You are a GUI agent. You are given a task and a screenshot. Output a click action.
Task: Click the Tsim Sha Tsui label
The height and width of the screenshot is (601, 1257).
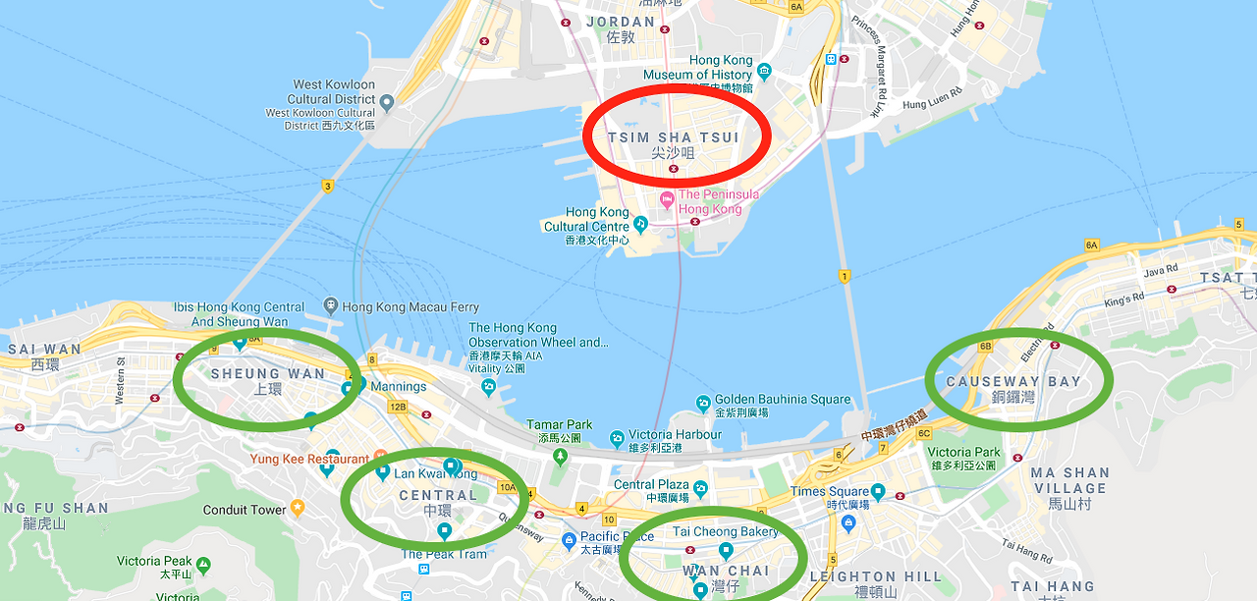pyautogui.click(x=674, y=137)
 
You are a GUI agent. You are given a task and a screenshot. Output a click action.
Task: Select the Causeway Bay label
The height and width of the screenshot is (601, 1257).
pyautogui.click(x=1013, y=381)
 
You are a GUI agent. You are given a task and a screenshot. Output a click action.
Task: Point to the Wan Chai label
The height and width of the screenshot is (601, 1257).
pyautogui.click(x=727, y=571)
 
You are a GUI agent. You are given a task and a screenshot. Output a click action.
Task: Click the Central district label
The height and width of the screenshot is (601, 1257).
pyautogui.click(x=438, y=496)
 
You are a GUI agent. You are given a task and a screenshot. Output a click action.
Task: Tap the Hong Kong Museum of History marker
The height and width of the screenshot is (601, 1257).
pyautogui.click(x=765, y=70)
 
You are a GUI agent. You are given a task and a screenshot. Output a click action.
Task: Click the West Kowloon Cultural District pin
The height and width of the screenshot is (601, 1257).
pyautogui.click(x=387, y=101)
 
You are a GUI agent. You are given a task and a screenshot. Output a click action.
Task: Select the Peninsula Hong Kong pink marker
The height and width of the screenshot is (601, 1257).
pyautogui.click(x=667, y=200)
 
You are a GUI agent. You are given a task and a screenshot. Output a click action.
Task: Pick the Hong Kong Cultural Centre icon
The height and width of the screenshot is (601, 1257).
pyautogui.click(x=640, y=224)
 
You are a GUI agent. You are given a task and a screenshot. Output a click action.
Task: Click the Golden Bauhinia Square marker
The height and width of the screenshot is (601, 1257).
pyautogui.click(x=703, y=403)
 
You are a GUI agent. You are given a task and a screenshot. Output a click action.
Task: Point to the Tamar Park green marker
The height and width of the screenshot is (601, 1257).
pyautogui.click(x=560, y=456)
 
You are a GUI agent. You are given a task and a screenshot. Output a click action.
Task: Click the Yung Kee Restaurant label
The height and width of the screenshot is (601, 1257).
pyautogui.click(x=309, y=459)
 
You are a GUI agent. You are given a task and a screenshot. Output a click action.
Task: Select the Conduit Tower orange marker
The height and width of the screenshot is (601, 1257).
pyautogui.click(x=298, y=509)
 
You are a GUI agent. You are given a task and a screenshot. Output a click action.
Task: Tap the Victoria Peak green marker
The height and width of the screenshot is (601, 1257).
pyautogui.click(x=203, y=565)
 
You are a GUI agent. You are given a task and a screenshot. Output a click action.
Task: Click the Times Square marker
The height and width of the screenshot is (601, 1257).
pyautogui.click(x=877, y=491)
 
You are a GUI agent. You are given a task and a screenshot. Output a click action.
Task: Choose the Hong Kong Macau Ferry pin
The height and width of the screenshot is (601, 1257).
pyautogui.click(x=330, y=307)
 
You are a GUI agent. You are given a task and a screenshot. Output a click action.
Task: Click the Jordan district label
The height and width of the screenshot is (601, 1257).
pyautogui.click(x=620, y=22)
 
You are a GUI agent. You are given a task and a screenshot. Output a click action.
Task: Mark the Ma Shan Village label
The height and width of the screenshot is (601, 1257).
pyautogui.click(x=1069, y=480)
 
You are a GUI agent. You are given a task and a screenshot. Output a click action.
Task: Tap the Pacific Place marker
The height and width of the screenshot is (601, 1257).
pyautogui.click(x=569, y=539)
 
